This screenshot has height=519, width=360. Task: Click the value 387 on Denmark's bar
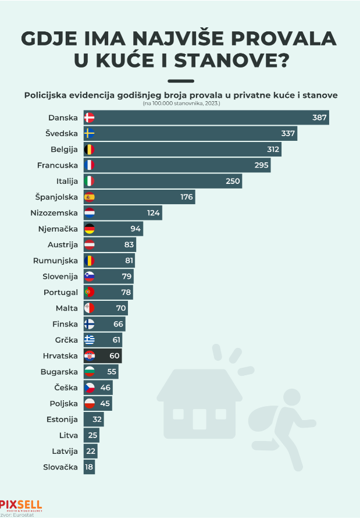319,118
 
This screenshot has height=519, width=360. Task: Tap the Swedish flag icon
89,133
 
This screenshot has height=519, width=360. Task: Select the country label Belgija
64,150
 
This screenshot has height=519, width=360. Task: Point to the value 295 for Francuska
261,165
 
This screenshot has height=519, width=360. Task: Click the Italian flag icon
89,181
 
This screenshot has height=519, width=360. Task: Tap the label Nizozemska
54,213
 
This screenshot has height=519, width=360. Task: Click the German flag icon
89,229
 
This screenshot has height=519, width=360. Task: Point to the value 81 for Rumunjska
129,260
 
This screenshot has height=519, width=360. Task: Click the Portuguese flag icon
89,292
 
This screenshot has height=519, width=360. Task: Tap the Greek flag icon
89,340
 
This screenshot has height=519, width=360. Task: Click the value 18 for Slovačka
89,467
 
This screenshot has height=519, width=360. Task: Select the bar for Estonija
94,419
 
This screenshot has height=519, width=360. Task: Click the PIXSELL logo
21,504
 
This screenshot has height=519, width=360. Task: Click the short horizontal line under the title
180,81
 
